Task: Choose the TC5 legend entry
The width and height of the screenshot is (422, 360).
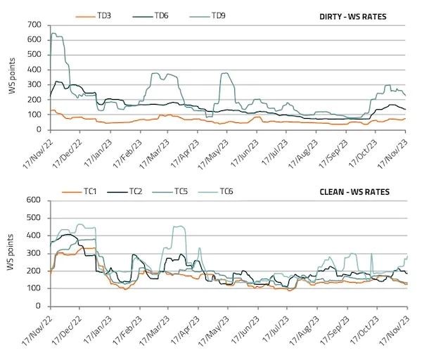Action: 185,191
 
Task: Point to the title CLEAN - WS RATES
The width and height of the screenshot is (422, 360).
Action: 361,191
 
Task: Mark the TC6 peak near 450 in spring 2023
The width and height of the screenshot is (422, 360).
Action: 178,226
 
